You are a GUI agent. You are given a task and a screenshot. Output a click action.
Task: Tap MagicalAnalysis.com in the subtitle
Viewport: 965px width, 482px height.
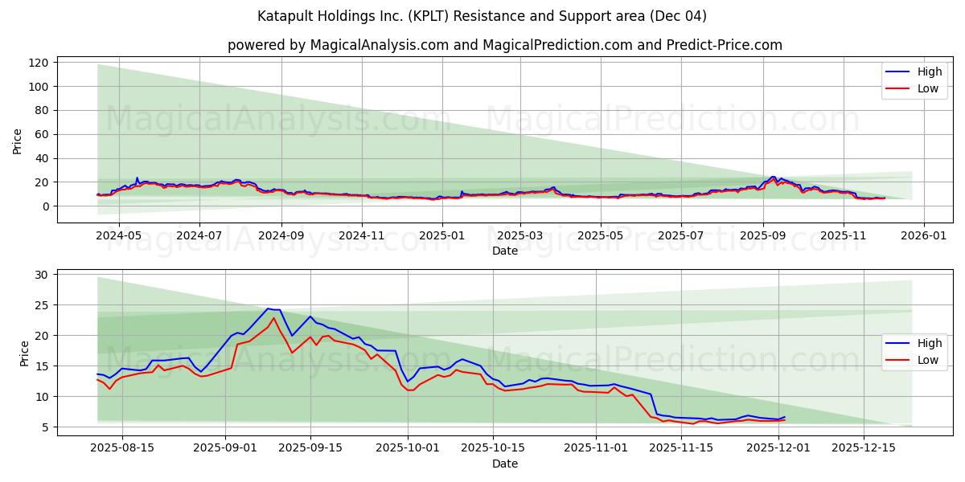click(379, 45)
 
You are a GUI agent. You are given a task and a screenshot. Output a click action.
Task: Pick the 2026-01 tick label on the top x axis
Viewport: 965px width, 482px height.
click(923, 236)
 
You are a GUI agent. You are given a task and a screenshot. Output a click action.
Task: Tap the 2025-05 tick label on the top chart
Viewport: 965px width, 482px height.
click(602, 236)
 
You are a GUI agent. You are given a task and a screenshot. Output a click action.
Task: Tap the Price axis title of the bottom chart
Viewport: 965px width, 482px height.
click(23, 353)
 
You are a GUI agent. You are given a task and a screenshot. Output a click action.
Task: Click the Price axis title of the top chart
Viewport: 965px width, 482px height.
click(18, 141)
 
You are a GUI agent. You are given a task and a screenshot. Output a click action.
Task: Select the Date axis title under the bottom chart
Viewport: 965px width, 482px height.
click(505, 464)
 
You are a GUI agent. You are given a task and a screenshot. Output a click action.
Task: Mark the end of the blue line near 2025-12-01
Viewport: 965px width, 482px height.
click(784, 417)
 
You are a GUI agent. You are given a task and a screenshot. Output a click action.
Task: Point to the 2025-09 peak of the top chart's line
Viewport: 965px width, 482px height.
click(773, 177)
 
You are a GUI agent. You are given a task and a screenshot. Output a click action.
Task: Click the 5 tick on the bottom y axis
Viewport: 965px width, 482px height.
click(46, 427)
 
